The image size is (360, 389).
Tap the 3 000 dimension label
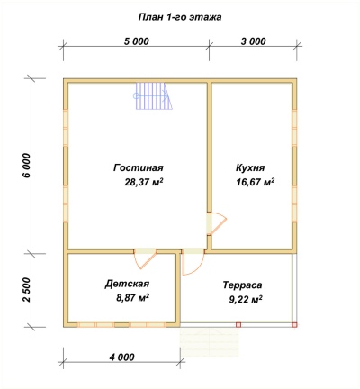253,41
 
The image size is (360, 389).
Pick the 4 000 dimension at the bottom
121,357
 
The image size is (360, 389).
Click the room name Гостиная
138,167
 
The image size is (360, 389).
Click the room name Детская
121,284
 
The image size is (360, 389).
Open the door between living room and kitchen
215,224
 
